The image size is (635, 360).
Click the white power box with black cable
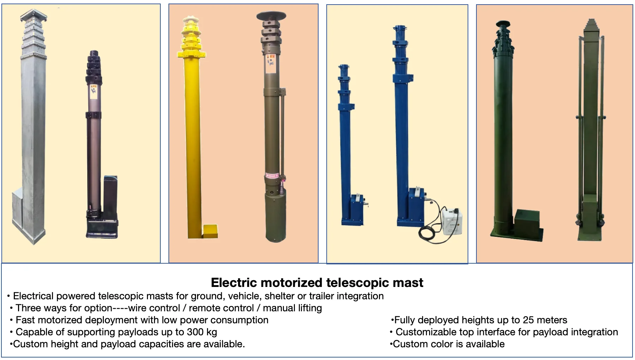(x=451, y=221)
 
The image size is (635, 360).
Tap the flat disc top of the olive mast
(x=271, y=16)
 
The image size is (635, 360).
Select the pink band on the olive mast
(x=272, y=175)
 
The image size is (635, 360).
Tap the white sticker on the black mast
(x=93, y=91)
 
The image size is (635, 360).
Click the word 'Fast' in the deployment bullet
(x=25, y=320)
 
